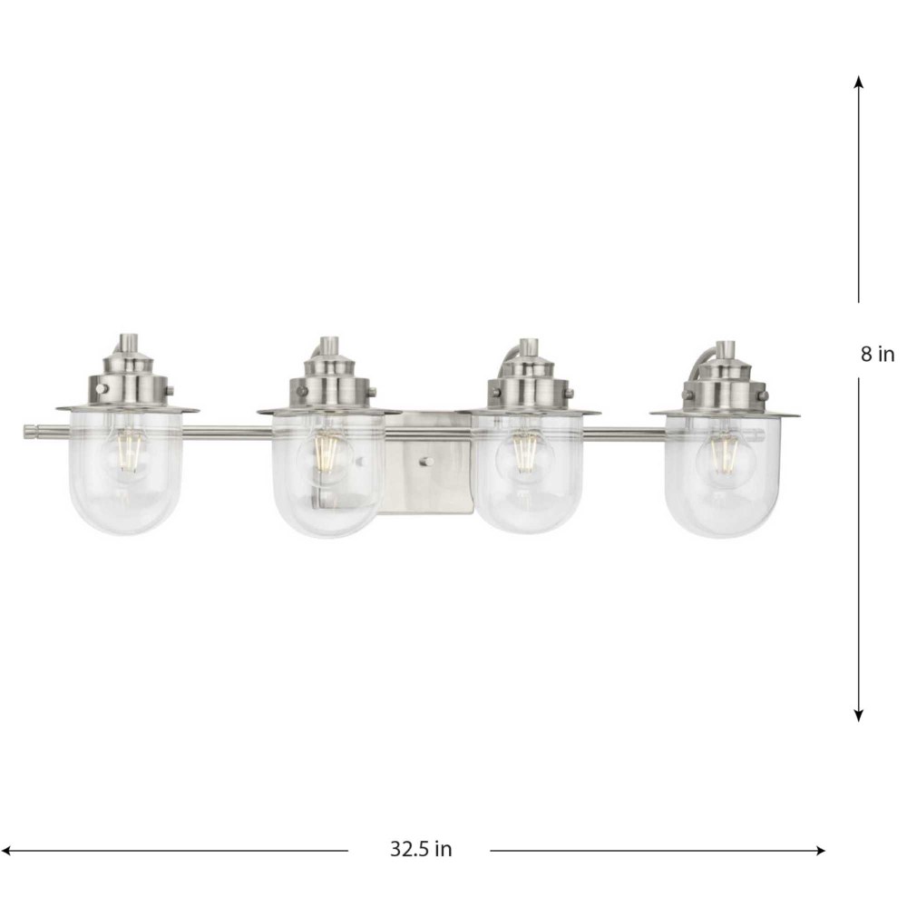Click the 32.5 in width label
click(421, 849)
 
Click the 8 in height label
click(877, 354)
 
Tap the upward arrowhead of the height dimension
click(859, 81)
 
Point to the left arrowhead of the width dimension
click(8, 851)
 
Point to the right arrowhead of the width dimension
click(819, 851)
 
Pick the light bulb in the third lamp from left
click(525, 451)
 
